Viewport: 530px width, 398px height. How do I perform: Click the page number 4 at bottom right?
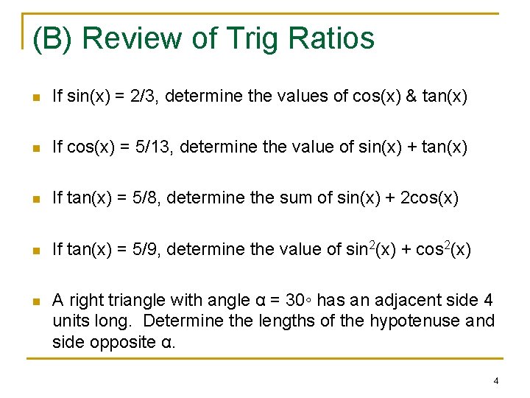click(x=496, y=380)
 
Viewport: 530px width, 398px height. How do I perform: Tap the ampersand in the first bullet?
click(x=411, y=96)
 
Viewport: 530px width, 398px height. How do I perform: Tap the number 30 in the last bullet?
click(x=294, y=300)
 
